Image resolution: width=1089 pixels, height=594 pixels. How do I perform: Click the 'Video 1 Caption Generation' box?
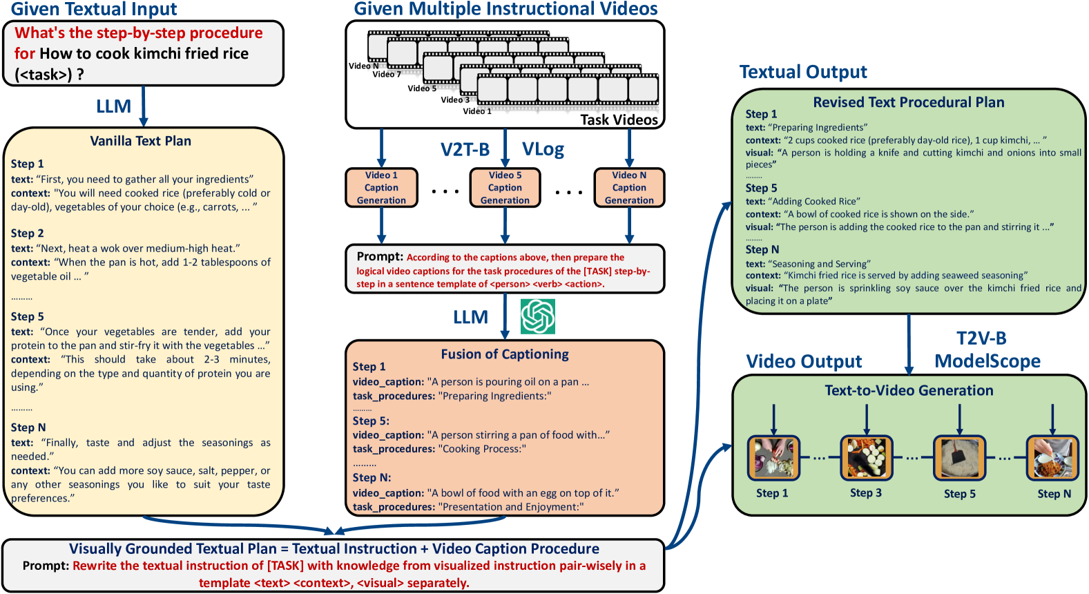(x=381, y=188)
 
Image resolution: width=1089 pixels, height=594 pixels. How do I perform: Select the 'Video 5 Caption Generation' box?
(x=505, y=188)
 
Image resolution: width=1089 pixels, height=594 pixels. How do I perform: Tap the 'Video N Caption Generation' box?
(x=629, y=188)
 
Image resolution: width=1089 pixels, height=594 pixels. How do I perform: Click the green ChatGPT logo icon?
(x=538, y=316)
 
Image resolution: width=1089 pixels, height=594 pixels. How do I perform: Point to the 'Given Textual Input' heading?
(x=94, y=9)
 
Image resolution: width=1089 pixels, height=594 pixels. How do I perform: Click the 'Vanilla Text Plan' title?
(x=140, y=141)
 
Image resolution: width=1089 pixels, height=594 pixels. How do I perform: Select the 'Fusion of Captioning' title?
(x=505, y=354)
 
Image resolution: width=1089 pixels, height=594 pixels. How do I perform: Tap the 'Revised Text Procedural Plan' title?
(x=908, y=102)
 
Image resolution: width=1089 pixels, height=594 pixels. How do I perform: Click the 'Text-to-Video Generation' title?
(x=909, y=390)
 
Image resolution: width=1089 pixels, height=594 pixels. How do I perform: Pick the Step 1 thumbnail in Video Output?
(x=773, y=458)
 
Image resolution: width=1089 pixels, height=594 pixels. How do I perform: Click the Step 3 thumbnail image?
(x=866, y=458)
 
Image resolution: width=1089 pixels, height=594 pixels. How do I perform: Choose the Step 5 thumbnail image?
(x=959, y=458)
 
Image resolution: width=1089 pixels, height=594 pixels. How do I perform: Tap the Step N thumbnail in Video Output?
(x=1052, y=458)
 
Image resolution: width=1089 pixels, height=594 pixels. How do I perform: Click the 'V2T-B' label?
(x=465, y=149)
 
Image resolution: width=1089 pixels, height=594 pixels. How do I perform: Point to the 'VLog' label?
(x=543, y=149)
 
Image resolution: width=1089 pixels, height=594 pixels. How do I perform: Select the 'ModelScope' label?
(x=987, y=361)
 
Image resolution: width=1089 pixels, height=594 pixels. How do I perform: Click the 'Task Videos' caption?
(x=619, y=119)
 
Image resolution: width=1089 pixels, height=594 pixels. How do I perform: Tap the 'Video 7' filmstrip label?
(x=387, y=75)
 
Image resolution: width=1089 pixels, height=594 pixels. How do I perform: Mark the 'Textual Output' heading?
(x=803, y=72)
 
